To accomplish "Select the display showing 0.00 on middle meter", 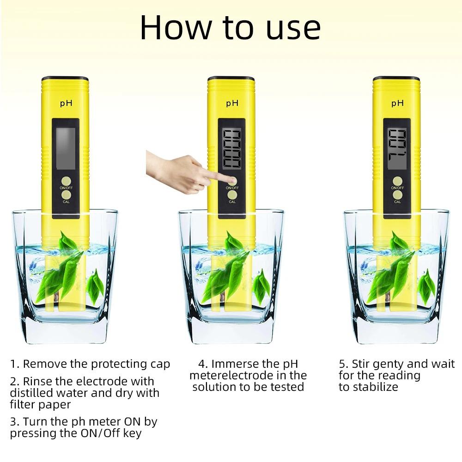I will [231, 148].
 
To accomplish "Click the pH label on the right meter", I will [397, 103].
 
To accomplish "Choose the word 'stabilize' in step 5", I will [375, 387].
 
